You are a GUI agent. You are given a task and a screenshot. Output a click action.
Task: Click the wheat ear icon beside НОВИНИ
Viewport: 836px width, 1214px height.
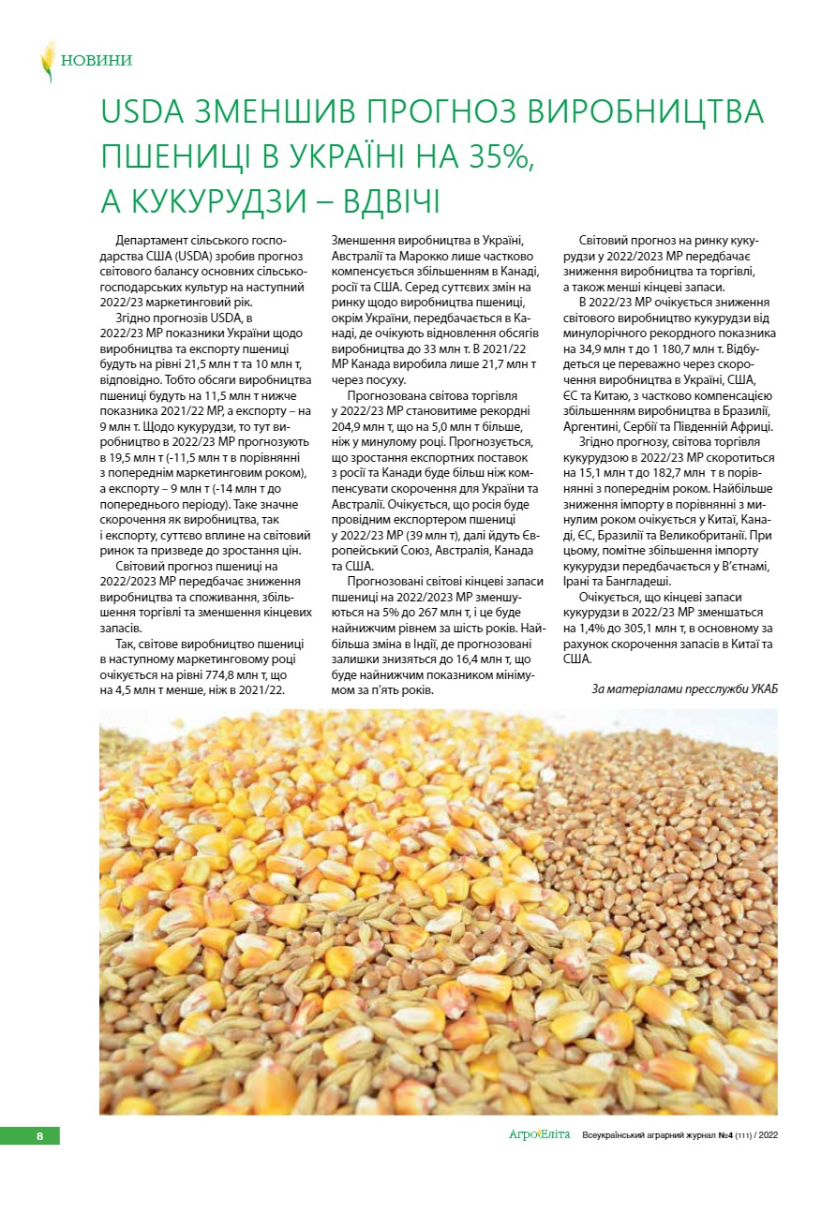47,61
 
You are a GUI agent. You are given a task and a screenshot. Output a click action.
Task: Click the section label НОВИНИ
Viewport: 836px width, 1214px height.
96,61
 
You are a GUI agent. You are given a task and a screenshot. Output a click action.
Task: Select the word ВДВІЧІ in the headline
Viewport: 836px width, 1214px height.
381,200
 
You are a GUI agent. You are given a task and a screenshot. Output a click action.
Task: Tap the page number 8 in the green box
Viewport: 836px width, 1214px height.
39,1136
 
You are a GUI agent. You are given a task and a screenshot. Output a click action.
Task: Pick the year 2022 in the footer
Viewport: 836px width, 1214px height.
768,1134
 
